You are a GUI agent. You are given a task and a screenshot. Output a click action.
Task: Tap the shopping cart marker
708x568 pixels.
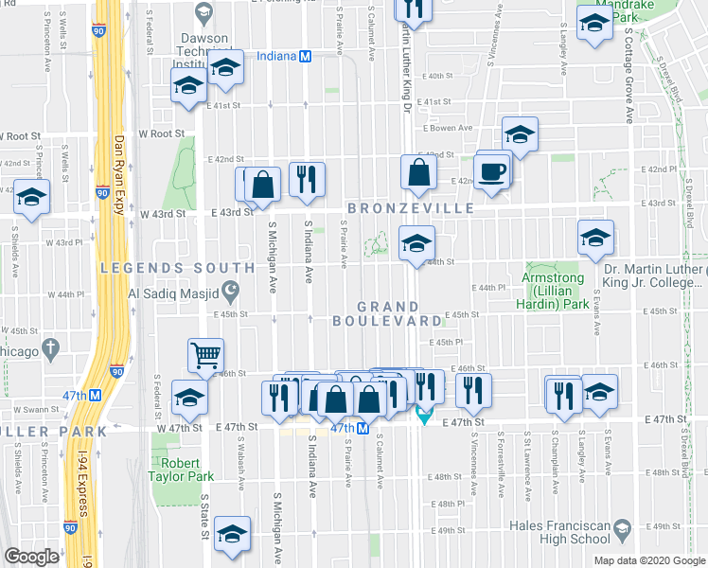coord(204,356)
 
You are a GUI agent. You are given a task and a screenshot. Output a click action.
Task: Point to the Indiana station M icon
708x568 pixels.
coord(305,56)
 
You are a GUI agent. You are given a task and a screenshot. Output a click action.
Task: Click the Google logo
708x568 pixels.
coord(31,557)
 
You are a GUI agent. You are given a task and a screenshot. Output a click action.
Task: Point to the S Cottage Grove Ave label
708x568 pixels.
coord(628,76)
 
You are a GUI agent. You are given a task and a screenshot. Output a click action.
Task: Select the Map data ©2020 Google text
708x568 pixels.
coord(647,559)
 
